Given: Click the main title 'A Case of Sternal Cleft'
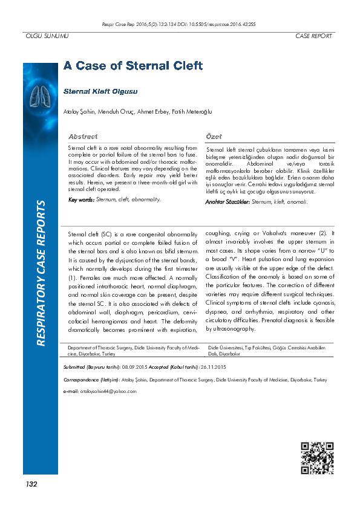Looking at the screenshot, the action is (x=133, y=66).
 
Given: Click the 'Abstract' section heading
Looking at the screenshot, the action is (x=83, y=137).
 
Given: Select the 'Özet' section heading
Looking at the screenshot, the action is (x=214, y=137).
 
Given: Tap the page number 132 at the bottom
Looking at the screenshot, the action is (x=31, y=485).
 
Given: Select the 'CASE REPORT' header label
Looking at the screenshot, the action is (x=313, y=36).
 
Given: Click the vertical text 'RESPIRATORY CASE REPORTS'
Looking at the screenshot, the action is (x=41, y=273).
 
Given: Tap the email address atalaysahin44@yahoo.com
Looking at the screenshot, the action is (x=107, y=391).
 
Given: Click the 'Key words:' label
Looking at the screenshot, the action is (x=81, y=199).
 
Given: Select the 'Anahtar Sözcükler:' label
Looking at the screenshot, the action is (x=227, y=201).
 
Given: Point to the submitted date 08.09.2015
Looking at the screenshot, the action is (x=135, y=367).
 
